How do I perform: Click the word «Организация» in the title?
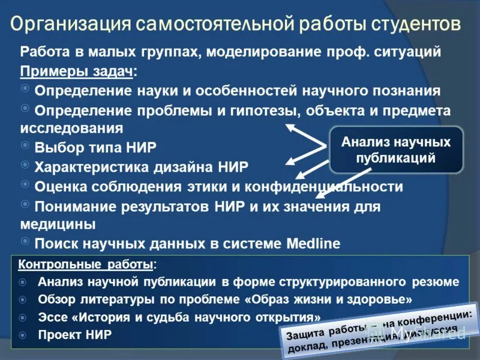[x=71, y=25]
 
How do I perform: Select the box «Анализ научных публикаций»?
[x=395, y=151]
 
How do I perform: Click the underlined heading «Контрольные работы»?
[x=85, y=264]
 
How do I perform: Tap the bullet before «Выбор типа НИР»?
[x=25, y=145]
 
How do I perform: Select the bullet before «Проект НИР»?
[x=23, y=334]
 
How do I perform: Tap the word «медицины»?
[x=58, y=224]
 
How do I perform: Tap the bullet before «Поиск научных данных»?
[x=25, y=241]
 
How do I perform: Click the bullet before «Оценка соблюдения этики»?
[x=25, y=184]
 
